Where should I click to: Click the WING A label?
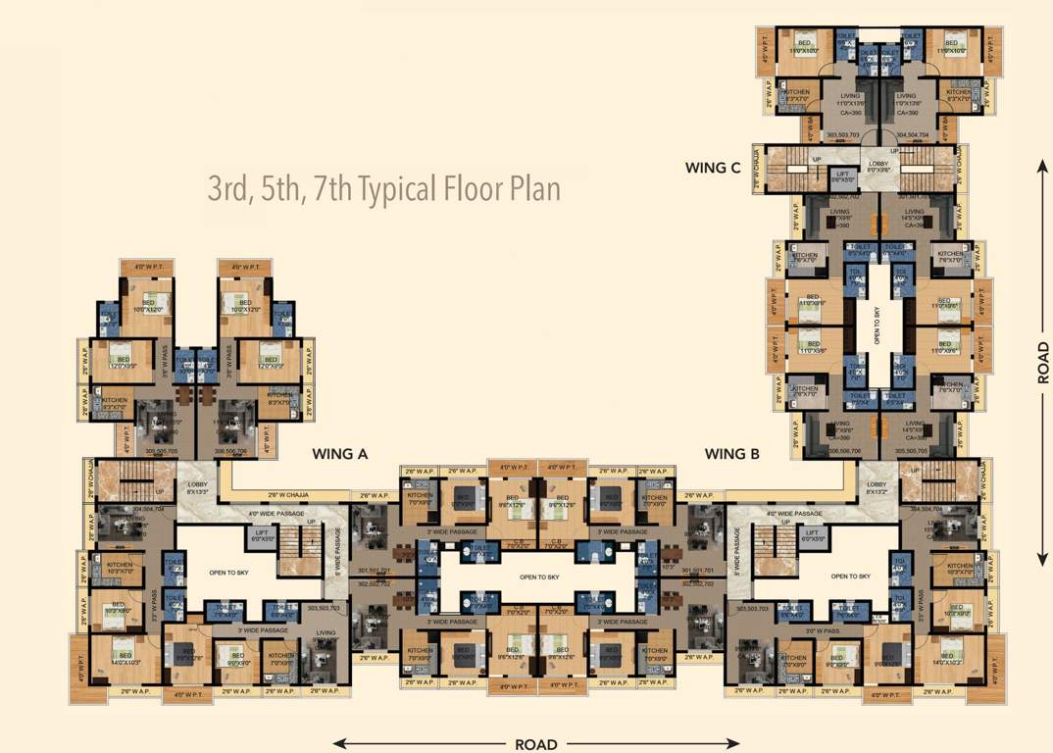tap(339, 454)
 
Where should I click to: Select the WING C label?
tap(713, 168)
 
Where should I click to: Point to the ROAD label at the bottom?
tap(535, 744)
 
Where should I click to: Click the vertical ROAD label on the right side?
tap(1043, 363)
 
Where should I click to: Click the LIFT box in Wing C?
tap(842, 178)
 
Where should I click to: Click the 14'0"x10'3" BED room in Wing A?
tap(124, 658)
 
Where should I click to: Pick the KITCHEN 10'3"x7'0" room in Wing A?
tap(121, 569)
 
